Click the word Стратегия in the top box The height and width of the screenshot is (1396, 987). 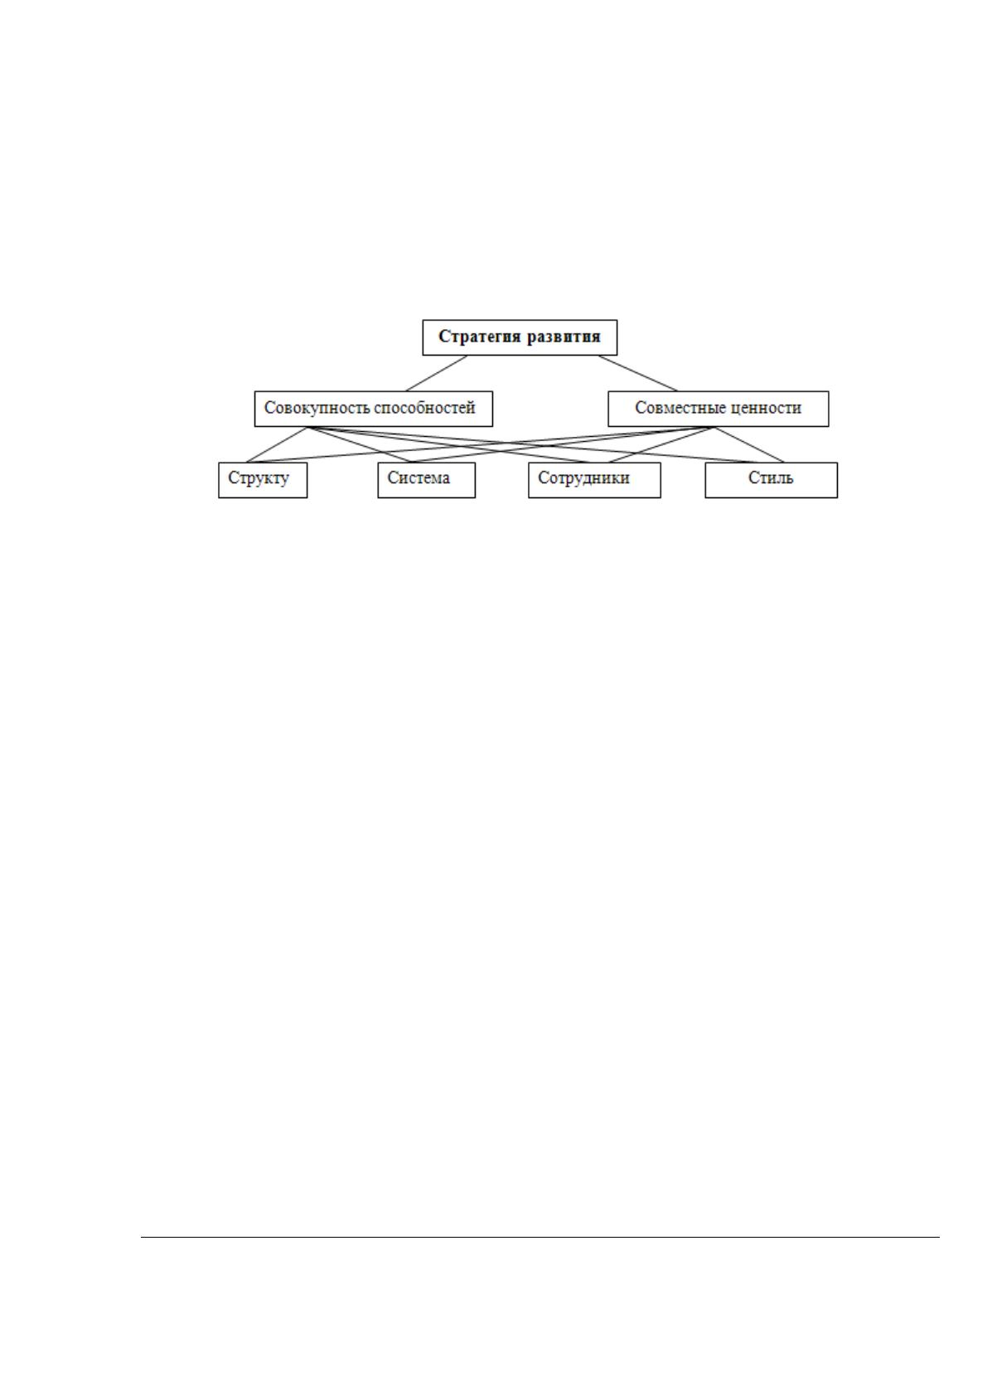(x=481, y=337)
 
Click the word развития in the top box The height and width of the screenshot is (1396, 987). (x=564, y=337)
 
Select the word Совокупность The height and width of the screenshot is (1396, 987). (x=312, y=408)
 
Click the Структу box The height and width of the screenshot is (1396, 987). (x=263, y=480)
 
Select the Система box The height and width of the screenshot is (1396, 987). (x=426, y=480)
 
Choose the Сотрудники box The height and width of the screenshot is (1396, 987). (x=594, y=480)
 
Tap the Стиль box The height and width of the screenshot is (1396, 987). (x=772, y=480)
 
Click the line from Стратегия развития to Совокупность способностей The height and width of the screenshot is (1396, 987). (x=436, y=373)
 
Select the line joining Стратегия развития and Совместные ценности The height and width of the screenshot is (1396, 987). (x=638, y=373)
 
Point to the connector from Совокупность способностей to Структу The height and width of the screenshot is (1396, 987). (x=278, y=444)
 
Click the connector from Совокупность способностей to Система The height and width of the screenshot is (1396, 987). (x=360, y=444)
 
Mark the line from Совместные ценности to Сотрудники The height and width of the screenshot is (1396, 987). (x=661, y=444)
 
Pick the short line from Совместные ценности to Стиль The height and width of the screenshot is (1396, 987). (x=749, y=444)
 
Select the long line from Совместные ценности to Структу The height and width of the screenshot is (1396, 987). (x=481, y=444)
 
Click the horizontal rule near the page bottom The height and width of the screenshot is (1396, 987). (x=540, y=1237)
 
